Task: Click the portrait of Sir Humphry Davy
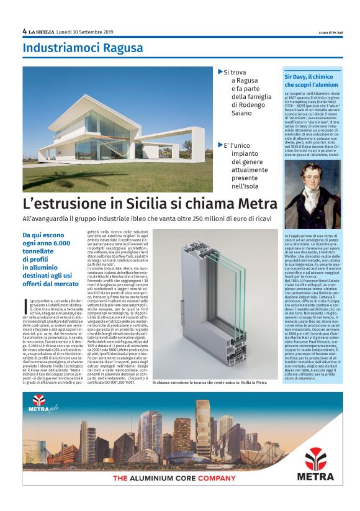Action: coord(304,194)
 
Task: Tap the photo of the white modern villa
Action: coord(118,130)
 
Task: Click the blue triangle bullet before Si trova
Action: coord(220,72)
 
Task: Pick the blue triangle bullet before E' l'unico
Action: coord(220,144)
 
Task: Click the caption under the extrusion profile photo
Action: coord(210,383)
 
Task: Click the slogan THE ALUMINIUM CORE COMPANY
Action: coord(174,478)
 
